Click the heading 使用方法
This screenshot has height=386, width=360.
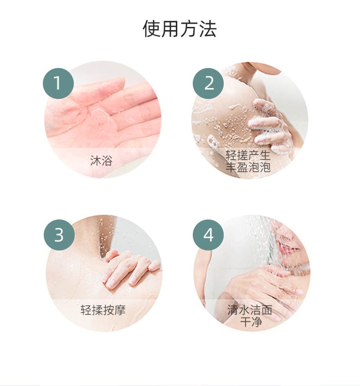click(180, 29)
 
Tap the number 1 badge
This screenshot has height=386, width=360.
click(58, 83)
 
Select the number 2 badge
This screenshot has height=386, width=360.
click(208, 83)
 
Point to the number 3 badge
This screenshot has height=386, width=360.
click(59, 235)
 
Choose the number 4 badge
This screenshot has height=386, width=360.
click(208, 235)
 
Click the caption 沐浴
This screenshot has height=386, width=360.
click(101, 161)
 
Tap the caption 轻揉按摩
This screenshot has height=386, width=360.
click(103, 310)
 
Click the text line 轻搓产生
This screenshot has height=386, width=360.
click(248, 155)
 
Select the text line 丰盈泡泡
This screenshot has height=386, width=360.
click(248, 167)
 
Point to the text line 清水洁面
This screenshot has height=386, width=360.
click(250, 310)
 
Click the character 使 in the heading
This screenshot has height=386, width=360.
click(152, 29)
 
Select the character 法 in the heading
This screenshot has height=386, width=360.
click(208, 29)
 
